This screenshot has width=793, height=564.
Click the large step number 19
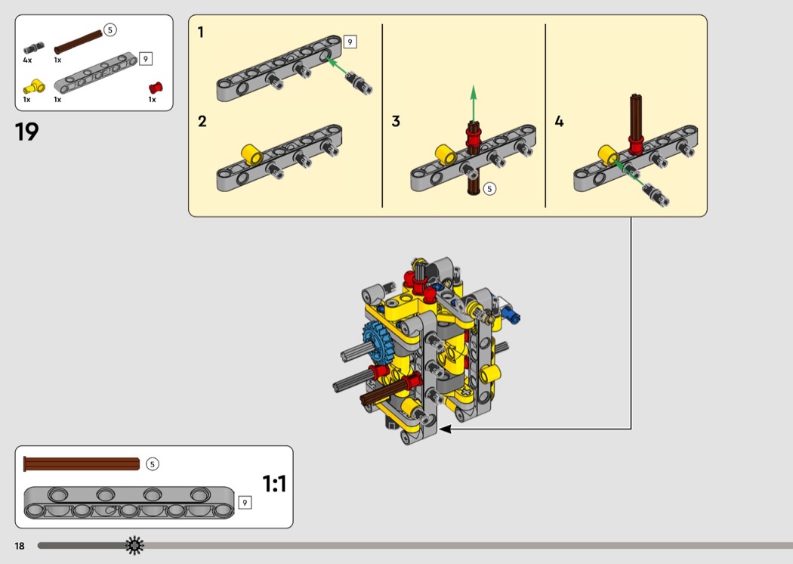click(26, 132)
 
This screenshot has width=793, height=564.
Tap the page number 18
click(20, 546)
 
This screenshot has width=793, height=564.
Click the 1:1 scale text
click(274, 484)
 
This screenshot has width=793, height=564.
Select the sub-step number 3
click(396, 122)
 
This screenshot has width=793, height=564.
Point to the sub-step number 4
click(559, 122)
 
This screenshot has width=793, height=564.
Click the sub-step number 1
click(201, 33)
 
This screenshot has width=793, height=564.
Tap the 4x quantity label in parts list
click(27, 60)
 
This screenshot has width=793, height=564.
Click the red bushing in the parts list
click(156, 88)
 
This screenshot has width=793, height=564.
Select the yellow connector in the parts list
click(35, 87)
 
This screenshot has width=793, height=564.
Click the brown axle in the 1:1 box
click(82, 463)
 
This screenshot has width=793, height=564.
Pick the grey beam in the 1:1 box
click(129, 503)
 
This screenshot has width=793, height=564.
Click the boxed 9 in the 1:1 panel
click(245, 503)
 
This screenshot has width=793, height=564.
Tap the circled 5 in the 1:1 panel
click(153, 463)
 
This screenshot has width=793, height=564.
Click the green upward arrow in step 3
click(474, 104)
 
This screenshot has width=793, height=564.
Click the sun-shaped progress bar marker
click(134, 546)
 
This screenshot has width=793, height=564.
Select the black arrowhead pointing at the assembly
click(445, 429)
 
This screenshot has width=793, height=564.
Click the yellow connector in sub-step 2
click(251, 154)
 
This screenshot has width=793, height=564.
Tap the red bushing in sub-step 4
click(636, 145)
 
